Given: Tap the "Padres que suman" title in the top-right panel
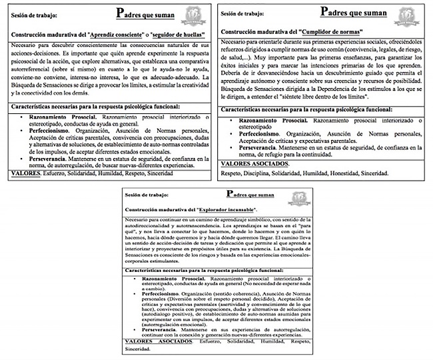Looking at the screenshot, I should click(x=353, y=11).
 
